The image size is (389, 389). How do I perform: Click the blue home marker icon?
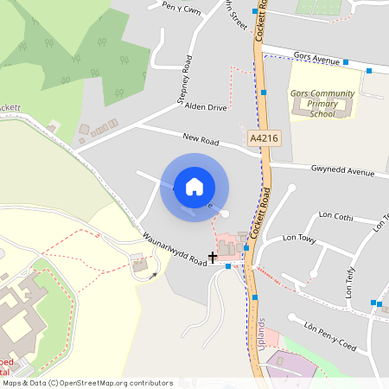point(194,186)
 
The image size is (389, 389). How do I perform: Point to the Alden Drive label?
point(207,107)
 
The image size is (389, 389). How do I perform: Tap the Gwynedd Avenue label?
point(343,171)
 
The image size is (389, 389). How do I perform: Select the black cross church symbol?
point(213,257)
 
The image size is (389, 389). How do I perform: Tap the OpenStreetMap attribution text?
point(87,382)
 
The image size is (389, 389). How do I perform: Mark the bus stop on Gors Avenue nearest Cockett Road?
point(345,62)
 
